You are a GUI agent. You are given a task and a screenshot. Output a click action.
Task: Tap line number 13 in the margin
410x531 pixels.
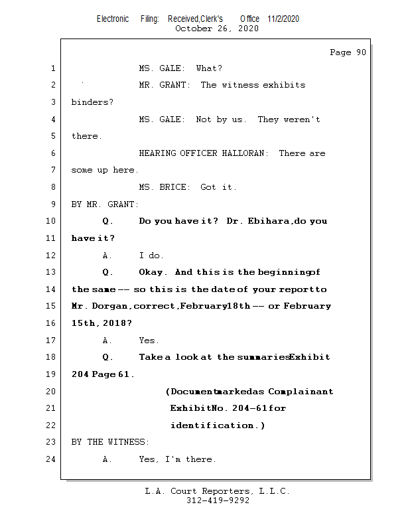click(52, 272)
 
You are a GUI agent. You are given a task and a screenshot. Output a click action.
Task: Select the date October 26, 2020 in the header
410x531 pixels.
click(216, 29)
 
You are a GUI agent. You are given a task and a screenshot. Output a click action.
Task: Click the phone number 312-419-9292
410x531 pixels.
click(218, 500)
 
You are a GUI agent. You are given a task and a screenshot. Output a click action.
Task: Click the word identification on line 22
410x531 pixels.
click(212, 425)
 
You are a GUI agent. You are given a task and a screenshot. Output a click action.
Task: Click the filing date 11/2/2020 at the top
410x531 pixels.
click(283, 19)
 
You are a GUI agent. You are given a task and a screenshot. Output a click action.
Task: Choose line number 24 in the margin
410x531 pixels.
click(52, 459)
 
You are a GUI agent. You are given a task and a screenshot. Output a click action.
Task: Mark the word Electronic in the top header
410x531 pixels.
click(113, 19)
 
